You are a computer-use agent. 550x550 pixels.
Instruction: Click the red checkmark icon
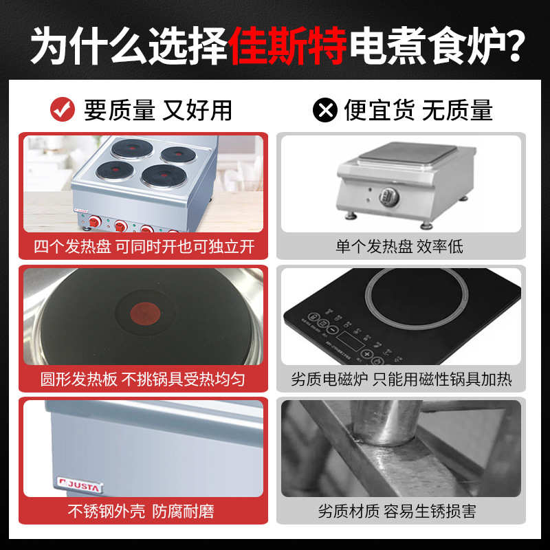(x=63, y=109)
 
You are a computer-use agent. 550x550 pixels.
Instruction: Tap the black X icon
(x=324, y=109)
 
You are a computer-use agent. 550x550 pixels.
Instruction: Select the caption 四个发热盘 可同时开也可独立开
(x=144, y=246)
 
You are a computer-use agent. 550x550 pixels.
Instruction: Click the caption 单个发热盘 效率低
(x=399, y=246)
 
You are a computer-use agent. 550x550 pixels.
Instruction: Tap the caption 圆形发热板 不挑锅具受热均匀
(x=144, y=379)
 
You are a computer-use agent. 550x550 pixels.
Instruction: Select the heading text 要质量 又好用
(x=157, y=109)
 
